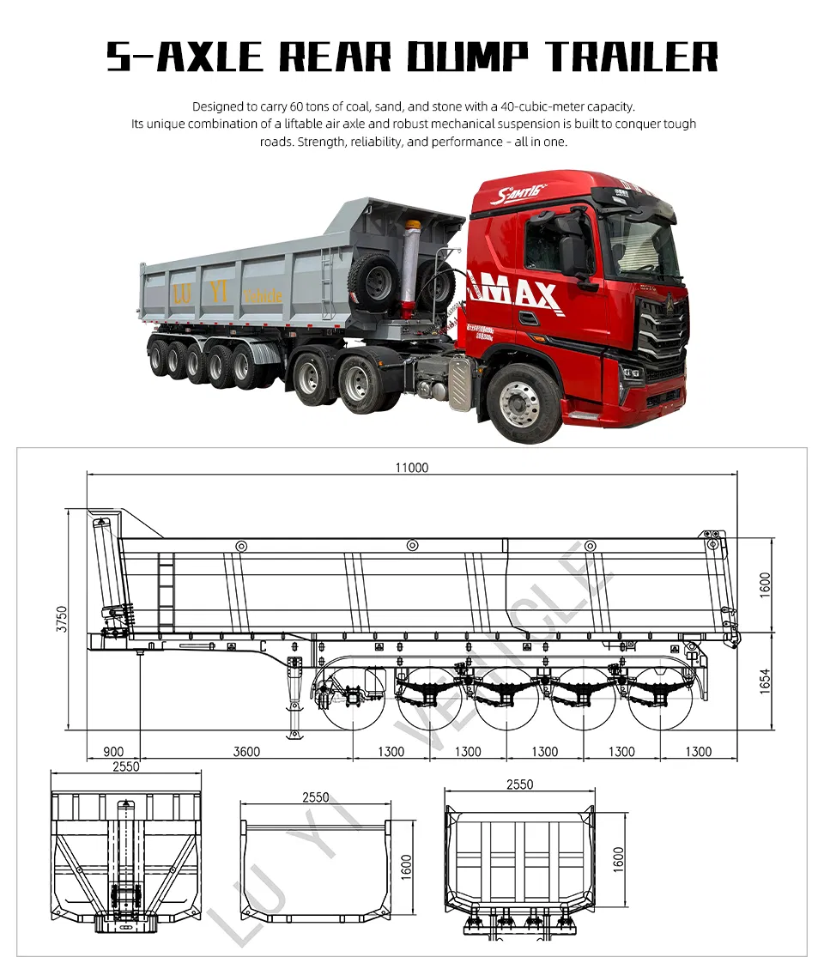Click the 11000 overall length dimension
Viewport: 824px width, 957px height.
pyautogui.click(x=412, y=468)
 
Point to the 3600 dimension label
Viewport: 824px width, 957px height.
pyautogui.click(x=246, y=752)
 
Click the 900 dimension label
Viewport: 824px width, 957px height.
pyautogui.click(x=113, y=752)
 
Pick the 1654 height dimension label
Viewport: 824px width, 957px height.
pyautogui.click(x=766, y=681)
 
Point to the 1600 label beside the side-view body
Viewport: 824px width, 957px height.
pyautogui.click(x=766, y=584)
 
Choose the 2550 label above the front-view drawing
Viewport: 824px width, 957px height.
pyautogui.click(x=126, y=767)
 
